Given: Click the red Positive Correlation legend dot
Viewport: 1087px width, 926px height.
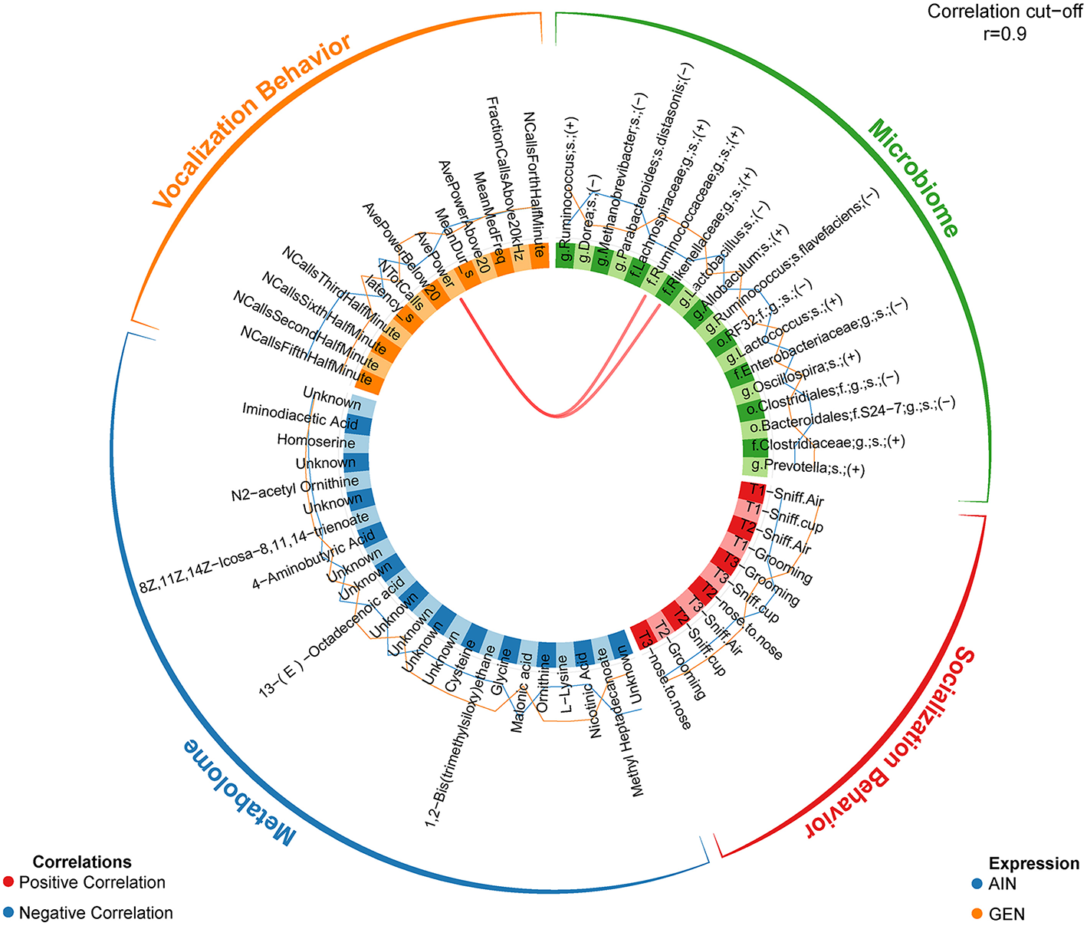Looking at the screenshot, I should tap(8, 882).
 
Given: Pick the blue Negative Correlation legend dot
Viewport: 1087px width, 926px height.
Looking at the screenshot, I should tap(8, 913).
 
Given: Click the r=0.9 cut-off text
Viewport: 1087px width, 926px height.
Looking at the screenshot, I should tap(1004, 34).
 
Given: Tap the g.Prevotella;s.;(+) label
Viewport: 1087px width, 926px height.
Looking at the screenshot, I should tap(808, 467).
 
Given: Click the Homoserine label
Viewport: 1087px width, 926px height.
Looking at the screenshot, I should tap(316, 441).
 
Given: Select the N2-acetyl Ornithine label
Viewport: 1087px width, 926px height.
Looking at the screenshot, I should tap(295, 489).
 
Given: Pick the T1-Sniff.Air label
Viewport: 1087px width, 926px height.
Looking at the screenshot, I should tap(787, 495).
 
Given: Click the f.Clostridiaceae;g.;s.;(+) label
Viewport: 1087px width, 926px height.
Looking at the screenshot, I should tap(828, 443).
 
